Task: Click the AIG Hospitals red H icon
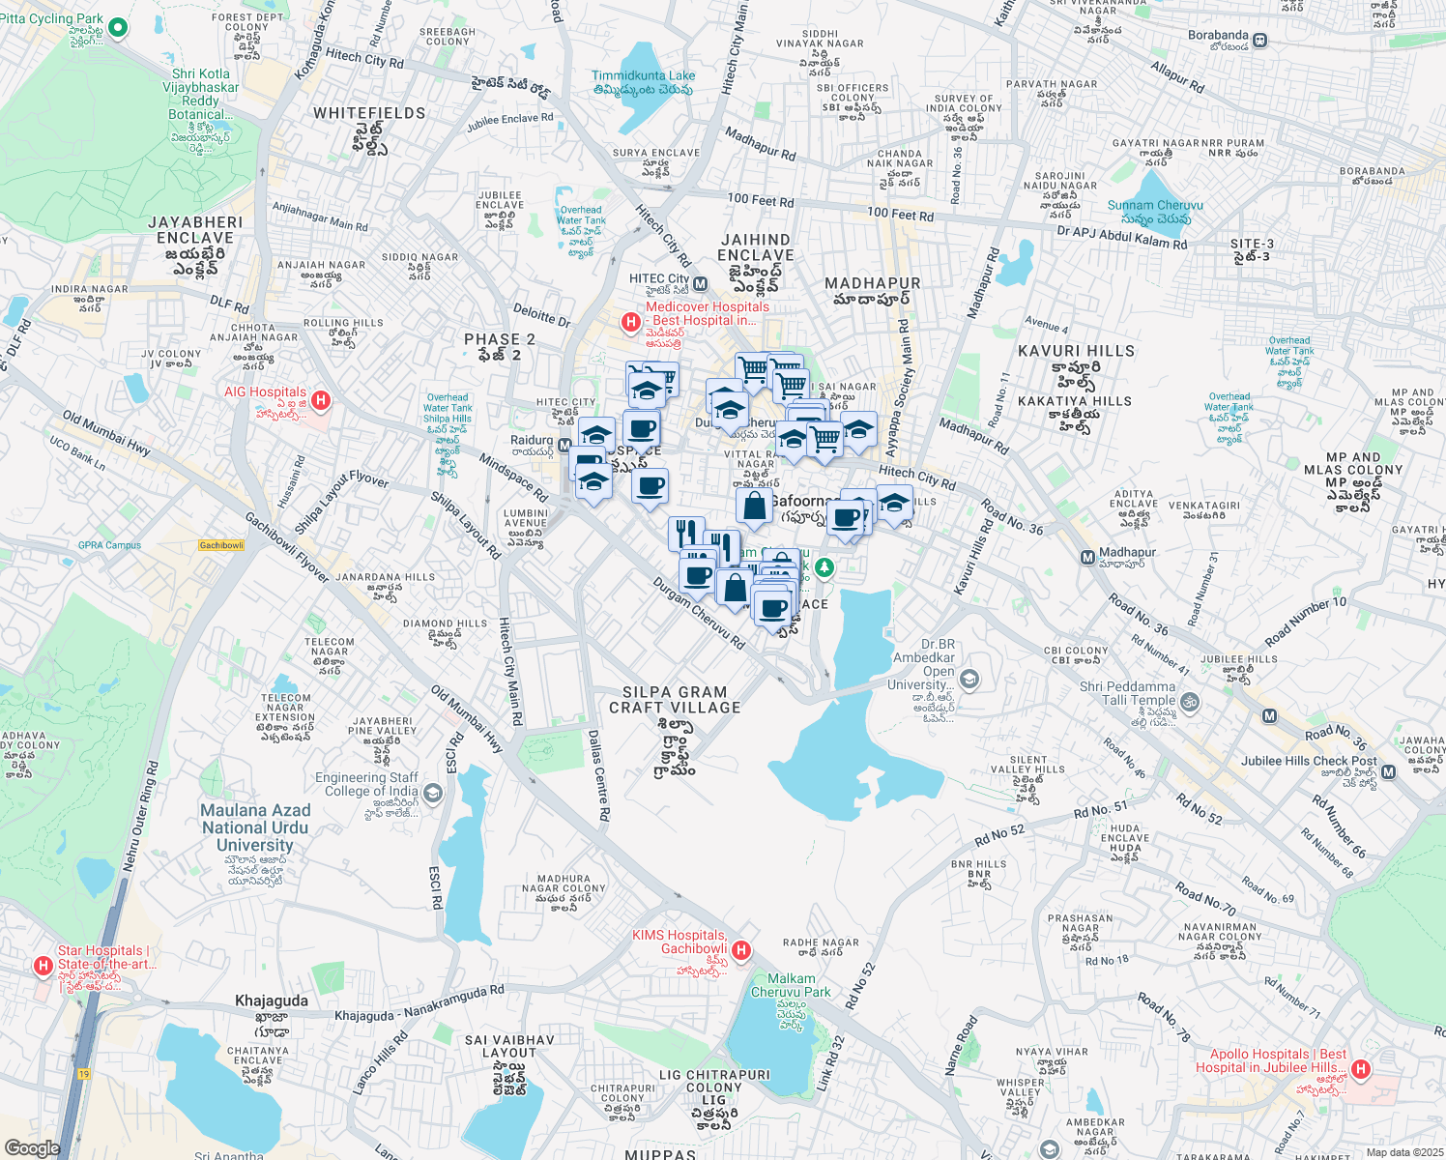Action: (321, 399)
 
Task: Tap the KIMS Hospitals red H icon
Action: (741, 950)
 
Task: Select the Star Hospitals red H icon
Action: (43, 966)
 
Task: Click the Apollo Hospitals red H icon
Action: (1361, 1069)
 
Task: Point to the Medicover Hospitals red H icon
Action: (630, 321)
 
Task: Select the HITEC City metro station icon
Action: (700, 284)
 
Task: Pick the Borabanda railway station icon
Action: (1260, 41)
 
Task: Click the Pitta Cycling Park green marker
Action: (118, 27)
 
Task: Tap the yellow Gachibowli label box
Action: (221, 545)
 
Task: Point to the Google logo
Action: (32, 1147)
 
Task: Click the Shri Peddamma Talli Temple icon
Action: (1191, 703)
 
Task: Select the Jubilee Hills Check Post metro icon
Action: (1388, 771)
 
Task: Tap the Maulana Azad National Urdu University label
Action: (255, 827)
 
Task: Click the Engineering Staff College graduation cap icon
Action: (433, 794)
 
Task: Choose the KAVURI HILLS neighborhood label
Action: (1076, 351)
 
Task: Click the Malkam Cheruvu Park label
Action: (791, 985)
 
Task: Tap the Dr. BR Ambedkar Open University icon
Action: (970, 680)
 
